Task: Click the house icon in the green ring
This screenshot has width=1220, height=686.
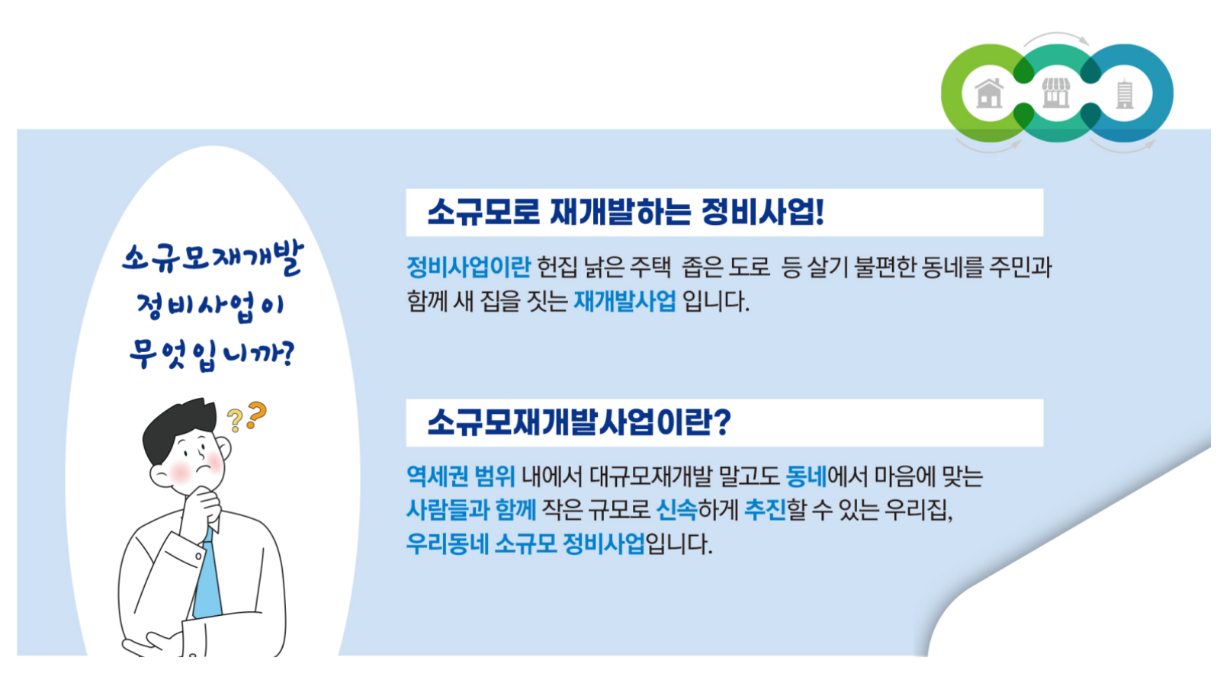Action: (989, 93)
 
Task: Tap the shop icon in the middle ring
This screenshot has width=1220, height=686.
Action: (1056, 92)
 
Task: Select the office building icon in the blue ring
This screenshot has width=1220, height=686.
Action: (1125, 95)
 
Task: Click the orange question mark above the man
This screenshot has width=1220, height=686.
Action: (256, 415)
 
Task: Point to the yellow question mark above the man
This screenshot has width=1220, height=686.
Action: (235, 421)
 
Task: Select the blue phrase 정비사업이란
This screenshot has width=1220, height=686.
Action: (468, 267)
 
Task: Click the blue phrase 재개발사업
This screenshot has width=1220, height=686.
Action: (624, 300)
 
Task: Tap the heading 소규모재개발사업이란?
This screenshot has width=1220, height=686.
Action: (579, 422)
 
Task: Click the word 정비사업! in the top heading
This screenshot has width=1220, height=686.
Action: (762, 212)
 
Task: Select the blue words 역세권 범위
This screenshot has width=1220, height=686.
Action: (461, 476)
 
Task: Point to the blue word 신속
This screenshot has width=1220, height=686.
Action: (677, 510)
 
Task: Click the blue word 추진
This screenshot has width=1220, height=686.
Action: (766, 510)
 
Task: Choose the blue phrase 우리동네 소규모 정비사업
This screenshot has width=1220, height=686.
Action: (525, 543)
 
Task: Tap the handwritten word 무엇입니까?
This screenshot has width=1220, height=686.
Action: (211, 355)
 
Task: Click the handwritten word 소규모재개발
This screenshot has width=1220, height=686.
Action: (213, 258)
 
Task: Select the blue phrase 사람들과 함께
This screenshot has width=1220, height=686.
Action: (472, 510)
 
